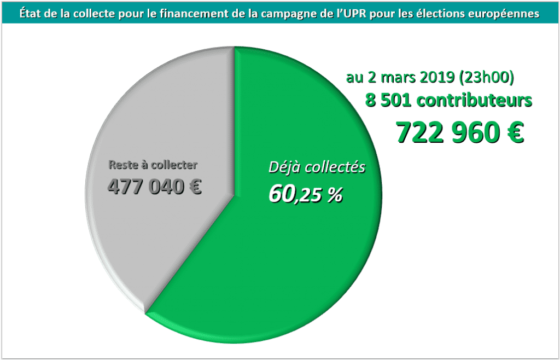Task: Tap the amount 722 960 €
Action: (459, 132)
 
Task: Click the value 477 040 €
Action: (155, 187)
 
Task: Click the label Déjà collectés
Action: (317, 168)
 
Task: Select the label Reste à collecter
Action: (153, 164)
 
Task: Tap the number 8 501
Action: (389, 101)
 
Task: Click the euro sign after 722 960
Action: (514, 132)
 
